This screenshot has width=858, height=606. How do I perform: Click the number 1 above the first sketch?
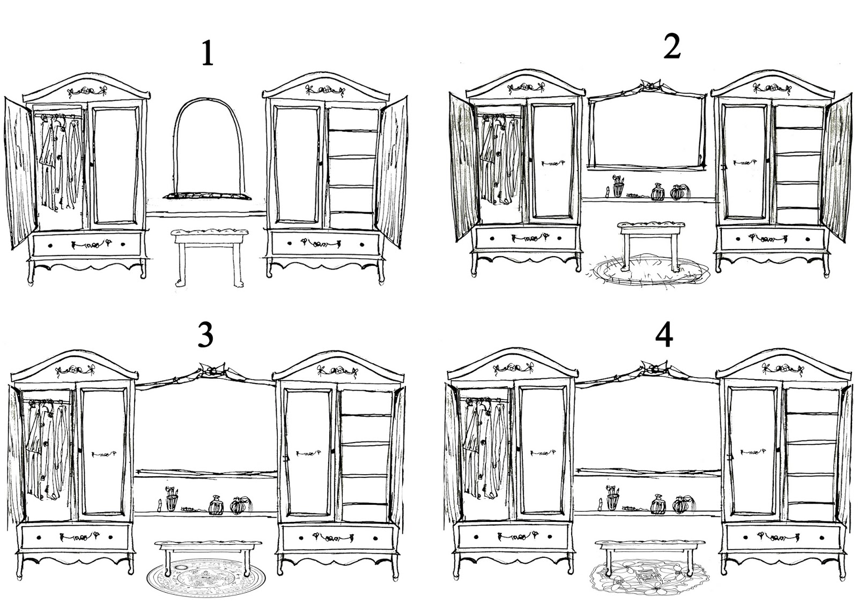pyautogui.click(x=208, y=54)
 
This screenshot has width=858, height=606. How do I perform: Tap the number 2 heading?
pyautogui.click(x=672, y=46)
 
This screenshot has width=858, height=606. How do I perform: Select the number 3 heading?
pyautogui.click(x=206, y=335)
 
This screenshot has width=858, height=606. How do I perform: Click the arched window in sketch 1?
pyautogui.click(x=175, y=145)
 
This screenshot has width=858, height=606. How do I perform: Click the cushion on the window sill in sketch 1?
pyautogui.click(x=207, y=197)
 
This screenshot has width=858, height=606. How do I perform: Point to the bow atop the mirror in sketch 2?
pyautogui.click(x=651, y=86)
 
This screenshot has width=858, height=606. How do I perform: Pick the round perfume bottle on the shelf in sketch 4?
pyautogui.click(x=681, y=505)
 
